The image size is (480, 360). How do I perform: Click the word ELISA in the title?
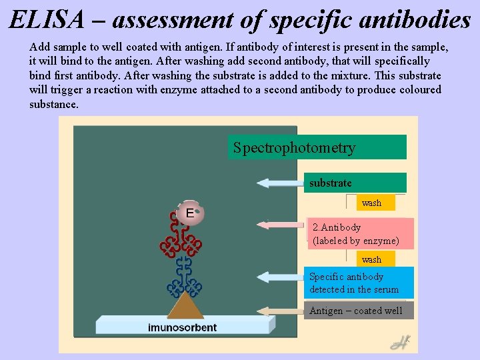47,20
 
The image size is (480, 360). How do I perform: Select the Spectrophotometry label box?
317,147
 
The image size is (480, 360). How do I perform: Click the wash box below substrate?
371,203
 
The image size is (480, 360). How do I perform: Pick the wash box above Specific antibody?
371,259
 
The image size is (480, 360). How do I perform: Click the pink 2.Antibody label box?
361,234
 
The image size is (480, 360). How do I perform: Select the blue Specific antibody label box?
361,283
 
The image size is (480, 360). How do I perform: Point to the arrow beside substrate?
280,183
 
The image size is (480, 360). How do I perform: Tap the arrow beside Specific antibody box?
280,277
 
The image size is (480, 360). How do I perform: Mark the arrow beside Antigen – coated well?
281,311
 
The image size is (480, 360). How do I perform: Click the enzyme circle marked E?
190,213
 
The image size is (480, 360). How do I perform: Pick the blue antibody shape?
184,277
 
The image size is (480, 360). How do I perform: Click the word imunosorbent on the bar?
182,327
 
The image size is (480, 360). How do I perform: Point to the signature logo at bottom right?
400,343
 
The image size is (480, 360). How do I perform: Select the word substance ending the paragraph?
53,105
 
